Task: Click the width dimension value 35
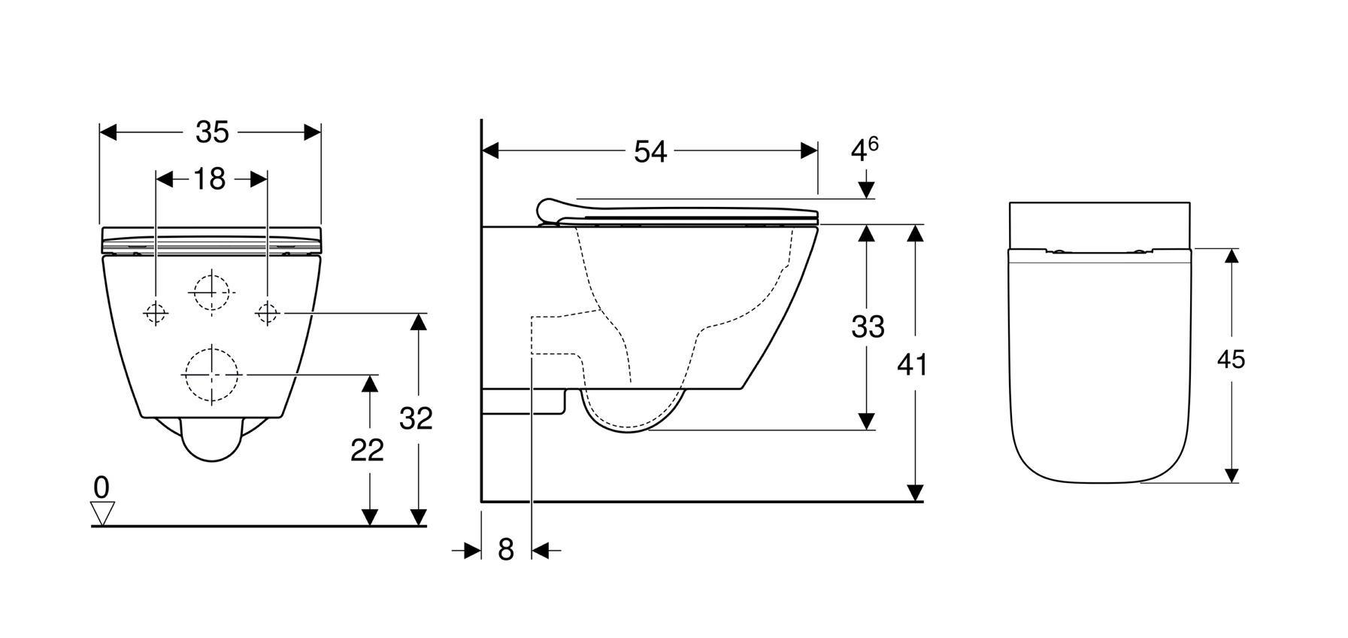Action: tap(212, 132)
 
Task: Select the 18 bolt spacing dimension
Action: tap(210, 179)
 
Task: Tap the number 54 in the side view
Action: tap(650, 151)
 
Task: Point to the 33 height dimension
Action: tap(868, 327)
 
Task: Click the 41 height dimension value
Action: tap(912, 365)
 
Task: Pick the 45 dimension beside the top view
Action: tap(1231, 360)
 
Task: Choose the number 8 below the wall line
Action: tap(506, 550)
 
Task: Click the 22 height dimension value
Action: tap(367, 450)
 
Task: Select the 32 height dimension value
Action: tap(416, 418)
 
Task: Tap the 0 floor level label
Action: tap(101, 488)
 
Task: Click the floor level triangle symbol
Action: tap(101, 514)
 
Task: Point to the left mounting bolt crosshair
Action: tap(156, 312)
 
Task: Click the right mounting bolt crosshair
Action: tap(268, 312)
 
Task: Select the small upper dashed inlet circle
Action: tap(211, 291)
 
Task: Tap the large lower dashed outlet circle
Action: tap(212, 374)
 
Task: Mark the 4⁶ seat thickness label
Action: tap(865, 149)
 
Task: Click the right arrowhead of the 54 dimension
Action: tap(810, 150)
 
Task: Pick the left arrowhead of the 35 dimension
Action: tap(109, 132)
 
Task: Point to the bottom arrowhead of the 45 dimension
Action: tap(1231, 475)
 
